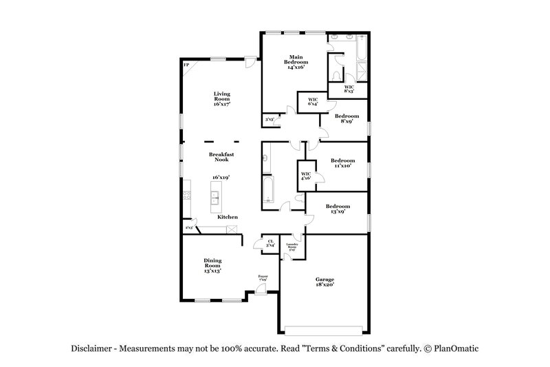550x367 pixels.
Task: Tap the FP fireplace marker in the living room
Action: click(186, 65)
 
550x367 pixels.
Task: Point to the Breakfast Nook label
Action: click(221, 158)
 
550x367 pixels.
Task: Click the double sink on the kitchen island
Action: click(215, 200)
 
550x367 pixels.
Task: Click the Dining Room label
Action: click(212, 265)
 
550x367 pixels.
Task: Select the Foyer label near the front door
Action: click(263, 277)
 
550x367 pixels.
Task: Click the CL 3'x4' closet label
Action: click(270, 243)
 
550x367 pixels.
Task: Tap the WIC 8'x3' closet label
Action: click(349, 88)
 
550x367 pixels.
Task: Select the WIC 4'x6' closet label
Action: click(305, 176)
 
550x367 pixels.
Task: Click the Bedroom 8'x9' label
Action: click(346, 118)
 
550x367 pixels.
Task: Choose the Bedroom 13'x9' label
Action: click(338, 209)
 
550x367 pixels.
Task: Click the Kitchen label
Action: click(228, 217)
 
